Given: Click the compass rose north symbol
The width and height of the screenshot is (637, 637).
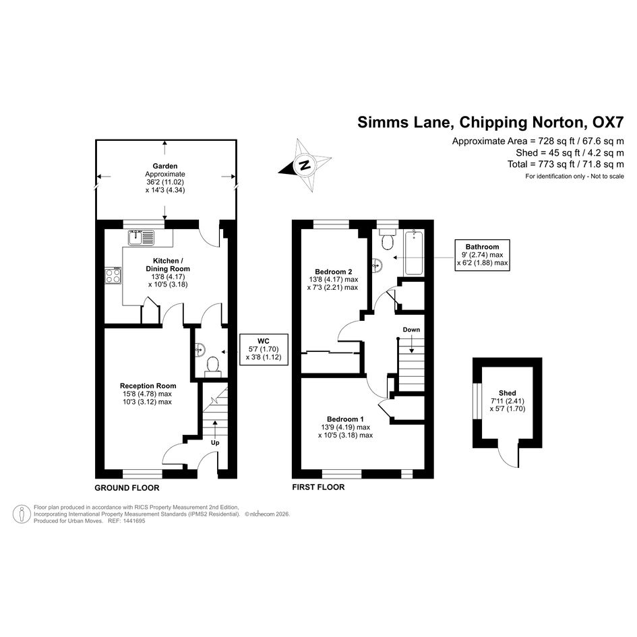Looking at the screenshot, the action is pos(305,165).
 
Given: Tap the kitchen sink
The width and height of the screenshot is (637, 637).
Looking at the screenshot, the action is pos(142,238).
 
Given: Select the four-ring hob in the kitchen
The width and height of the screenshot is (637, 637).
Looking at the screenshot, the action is pos(113,276).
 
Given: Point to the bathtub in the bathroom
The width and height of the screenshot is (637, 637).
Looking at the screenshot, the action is pos(414,252).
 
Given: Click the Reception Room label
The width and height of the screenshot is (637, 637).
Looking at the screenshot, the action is pos(148,386).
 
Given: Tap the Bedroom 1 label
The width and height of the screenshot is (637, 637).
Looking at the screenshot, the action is pos(345,419).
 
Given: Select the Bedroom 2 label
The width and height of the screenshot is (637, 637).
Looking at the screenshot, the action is pos(334,272).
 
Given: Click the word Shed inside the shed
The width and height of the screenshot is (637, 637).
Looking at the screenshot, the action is pos(508,393).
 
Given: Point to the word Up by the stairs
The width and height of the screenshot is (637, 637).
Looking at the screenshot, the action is pos(215,442).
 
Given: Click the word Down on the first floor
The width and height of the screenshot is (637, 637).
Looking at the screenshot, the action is pos(412,330).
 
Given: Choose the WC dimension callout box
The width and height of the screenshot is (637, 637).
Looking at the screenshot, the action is pos(264,349).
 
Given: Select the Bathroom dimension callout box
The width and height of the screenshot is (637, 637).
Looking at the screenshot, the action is pos(482,255).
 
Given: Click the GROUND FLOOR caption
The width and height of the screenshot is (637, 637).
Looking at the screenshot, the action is pos(127,488).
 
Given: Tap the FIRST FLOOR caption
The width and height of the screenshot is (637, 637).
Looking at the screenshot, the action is pos(318,487).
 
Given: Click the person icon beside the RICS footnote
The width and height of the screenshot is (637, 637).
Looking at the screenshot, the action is pos(22,514).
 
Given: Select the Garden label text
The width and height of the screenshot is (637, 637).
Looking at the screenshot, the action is pos(165,166).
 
